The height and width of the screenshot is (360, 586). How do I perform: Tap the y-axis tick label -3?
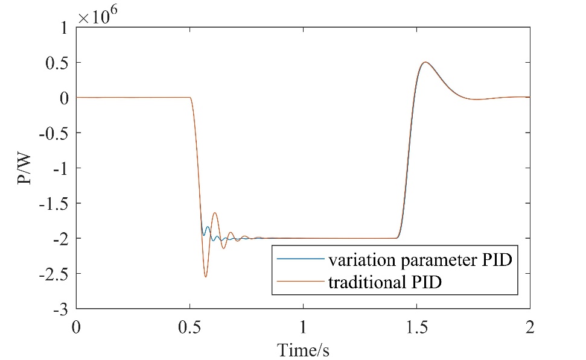pyautogui.click(x=59, y=310)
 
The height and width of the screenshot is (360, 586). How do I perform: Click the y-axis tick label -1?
pyautogui.click(x=59, y=168)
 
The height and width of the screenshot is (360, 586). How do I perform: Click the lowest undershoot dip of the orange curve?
pyautogui.click(x=206, y=277)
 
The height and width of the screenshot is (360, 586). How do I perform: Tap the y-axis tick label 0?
pyautogui.click(x=64, y=98)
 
